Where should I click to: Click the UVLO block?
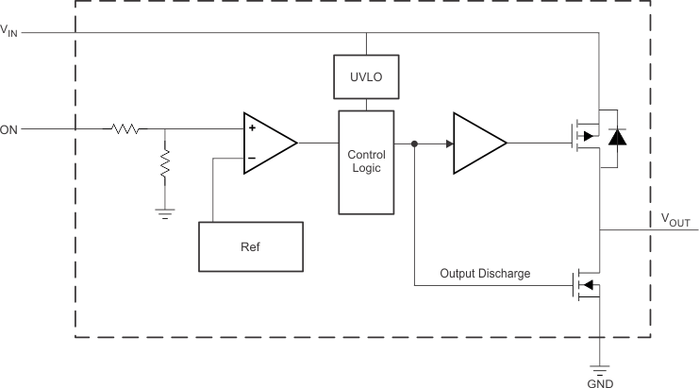366,76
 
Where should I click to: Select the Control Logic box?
366,161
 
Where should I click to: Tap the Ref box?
251,245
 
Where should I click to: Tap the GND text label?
600,383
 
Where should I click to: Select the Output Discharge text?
485,274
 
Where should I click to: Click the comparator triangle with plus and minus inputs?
269,143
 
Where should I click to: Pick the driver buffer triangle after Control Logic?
478,143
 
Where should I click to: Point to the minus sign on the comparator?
252,158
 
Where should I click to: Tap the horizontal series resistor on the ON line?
125,129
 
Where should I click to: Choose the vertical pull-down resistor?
165,165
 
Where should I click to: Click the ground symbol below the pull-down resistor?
165,213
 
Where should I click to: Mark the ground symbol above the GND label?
600,367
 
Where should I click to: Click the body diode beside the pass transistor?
617,137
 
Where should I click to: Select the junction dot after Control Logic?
414,143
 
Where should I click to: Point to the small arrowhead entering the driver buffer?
449,143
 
